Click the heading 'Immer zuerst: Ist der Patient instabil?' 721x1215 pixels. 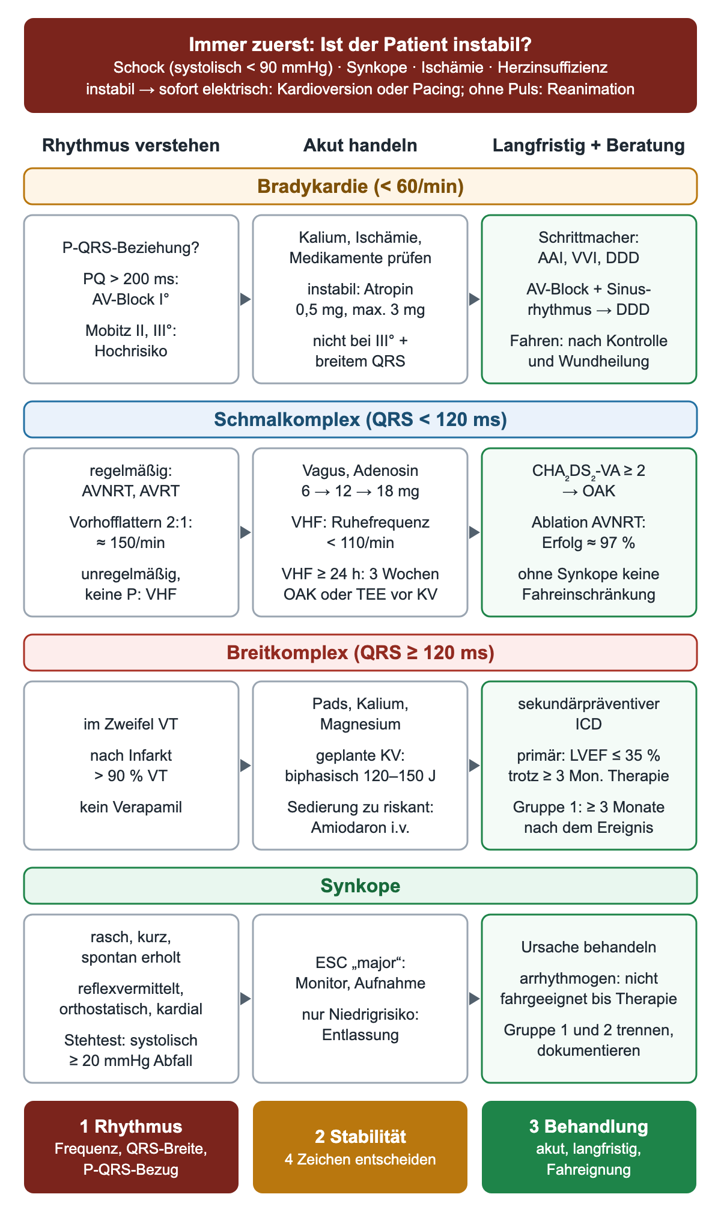[x=360, y=44]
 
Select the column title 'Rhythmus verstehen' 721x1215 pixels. [x=131, y=145]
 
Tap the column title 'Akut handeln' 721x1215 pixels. [x=360, y=145]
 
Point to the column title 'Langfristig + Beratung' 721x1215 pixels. [x=589, y=145]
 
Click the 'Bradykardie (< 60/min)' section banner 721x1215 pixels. [x=360, y=186]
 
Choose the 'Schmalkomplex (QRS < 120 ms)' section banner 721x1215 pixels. [x=360, y=419]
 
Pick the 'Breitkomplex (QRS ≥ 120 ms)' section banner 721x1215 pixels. [x=360, y=653]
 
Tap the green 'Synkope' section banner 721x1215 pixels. [x=360, y=886]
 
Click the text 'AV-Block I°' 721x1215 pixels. [x=131, y=299]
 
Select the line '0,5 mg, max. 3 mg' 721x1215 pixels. [x=360, y=310]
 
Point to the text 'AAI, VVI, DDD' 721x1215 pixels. [x=589, y=258]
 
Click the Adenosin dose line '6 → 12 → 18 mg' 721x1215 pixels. [x=360, y=492]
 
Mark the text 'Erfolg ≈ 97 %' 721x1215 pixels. [x=589, y=543]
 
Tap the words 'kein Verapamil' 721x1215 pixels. [x=131, y=807]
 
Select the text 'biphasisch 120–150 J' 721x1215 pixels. [x=360, y=776]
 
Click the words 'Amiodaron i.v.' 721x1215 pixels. [x=360, y=828]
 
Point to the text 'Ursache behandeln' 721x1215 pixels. [x=589, y=948]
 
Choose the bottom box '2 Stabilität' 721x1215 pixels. [x=360, y=1147]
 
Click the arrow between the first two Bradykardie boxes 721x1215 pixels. [x=245, y=299]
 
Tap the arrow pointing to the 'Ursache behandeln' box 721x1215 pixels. [x=474, y=999]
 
